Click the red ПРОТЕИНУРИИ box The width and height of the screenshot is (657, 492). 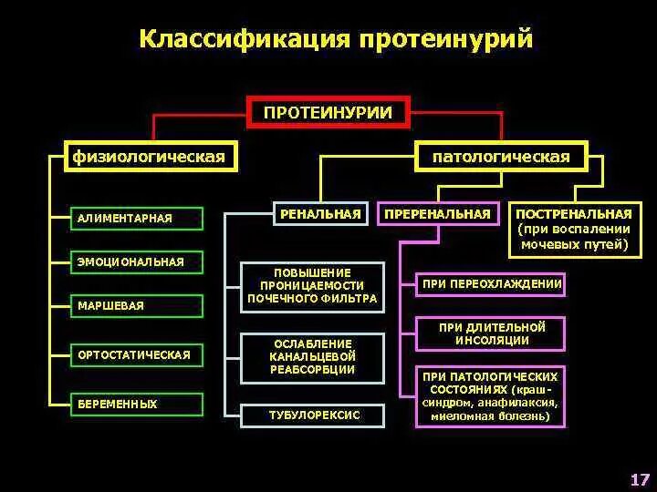tap(328, 112)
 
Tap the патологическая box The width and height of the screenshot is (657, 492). tap(501, 157)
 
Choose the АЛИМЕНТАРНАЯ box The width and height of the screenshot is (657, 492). tap(138, 218)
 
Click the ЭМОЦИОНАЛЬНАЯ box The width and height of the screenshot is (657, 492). tap(138, 261)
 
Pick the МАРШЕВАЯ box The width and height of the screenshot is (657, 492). tap(138, 305)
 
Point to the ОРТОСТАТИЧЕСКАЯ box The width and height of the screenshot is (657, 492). tap(138, 354)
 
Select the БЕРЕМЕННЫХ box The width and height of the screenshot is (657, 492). tap(138, 404)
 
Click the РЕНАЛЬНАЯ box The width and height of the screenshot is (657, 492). tap(320, 213)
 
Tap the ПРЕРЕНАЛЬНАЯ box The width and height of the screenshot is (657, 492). tap(438, 213)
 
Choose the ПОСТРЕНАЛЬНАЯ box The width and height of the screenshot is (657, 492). tap(574, 229)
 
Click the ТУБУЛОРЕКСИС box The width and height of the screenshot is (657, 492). tap(314, 415)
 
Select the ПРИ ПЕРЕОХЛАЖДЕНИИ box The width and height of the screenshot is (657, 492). tap(490, 284)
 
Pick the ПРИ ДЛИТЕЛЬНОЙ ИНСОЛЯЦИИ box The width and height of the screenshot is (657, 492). tap(490, 333)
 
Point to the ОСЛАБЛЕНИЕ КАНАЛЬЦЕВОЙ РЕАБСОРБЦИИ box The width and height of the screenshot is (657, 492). tap(312, 357)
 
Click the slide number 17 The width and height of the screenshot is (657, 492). tap(639, 479)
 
